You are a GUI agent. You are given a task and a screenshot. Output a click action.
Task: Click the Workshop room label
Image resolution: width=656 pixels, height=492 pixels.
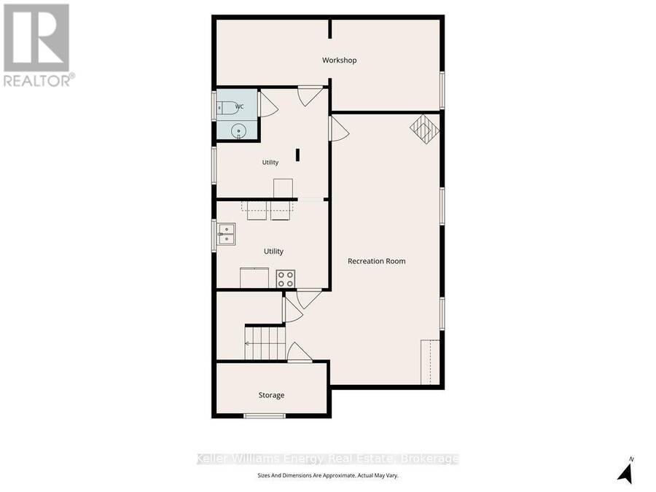coord(339,60)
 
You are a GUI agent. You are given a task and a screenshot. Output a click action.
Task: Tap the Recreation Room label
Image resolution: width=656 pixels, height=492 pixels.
coord(377,261)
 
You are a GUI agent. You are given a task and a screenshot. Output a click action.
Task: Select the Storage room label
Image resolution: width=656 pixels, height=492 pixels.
coord(272,395)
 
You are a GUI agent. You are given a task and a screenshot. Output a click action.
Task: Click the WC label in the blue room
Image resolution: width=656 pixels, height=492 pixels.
coord(239,106)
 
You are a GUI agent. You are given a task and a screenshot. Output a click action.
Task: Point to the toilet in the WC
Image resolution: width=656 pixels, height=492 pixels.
coord(227,108)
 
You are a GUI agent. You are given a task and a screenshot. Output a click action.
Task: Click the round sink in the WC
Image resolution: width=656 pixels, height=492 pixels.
coord(239,131)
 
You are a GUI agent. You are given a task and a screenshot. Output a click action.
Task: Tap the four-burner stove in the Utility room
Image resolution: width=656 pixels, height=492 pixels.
coord(286,278)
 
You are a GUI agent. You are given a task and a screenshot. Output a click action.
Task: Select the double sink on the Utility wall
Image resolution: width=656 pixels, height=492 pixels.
coord(226,234)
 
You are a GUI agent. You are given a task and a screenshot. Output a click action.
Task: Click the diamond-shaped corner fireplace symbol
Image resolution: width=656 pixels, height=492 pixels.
coord(425,129)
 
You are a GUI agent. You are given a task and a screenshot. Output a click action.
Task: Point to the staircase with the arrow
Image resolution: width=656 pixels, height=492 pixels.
coord(265,343)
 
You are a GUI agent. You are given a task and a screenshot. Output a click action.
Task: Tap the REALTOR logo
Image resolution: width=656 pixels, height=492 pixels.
coord(38,45)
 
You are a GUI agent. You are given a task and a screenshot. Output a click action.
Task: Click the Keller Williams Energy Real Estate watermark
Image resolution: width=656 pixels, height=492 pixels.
coord(327,459)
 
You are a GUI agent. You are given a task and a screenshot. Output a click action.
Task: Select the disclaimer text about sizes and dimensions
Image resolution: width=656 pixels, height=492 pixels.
coord(327,476)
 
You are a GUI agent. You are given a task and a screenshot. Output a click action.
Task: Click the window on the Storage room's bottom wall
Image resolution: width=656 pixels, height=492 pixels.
coord(265,416)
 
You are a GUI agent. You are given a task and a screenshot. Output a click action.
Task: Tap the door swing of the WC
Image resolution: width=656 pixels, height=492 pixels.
coord(268,104)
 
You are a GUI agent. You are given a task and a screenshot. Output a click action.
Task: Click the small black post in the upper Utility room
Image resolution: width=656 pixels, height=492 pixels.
coord(298,155)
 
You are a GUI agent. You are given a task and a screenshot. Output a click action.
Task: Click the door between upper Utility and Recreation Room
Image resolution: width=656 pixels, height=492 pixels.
coord(339,128)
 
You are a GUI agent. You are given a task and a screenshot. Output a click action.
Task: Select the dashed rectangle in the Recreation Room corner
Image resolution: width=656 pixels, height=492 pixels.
coord(430,362)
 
